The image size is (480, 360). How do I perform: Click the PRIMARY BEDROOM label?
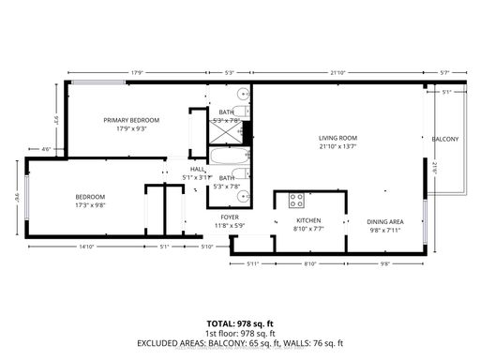pos(130,120)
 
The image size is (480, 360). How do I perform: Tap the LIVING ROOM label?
pos(337,138)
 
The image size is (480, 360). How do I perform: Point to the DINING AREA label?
pos(384,221)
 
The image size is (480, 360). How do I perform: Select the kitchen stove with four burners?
pos(296,200)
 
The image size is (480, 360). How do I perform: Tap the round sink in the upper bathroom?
pos(243,95)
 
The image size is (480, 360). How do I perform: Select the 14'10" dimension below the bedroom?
pos(86,247)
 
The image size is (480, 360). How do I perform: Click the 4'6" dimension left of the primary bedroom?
pos(46,148)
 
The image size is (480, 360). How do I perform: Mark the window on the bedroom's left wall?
pos(27,202)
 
